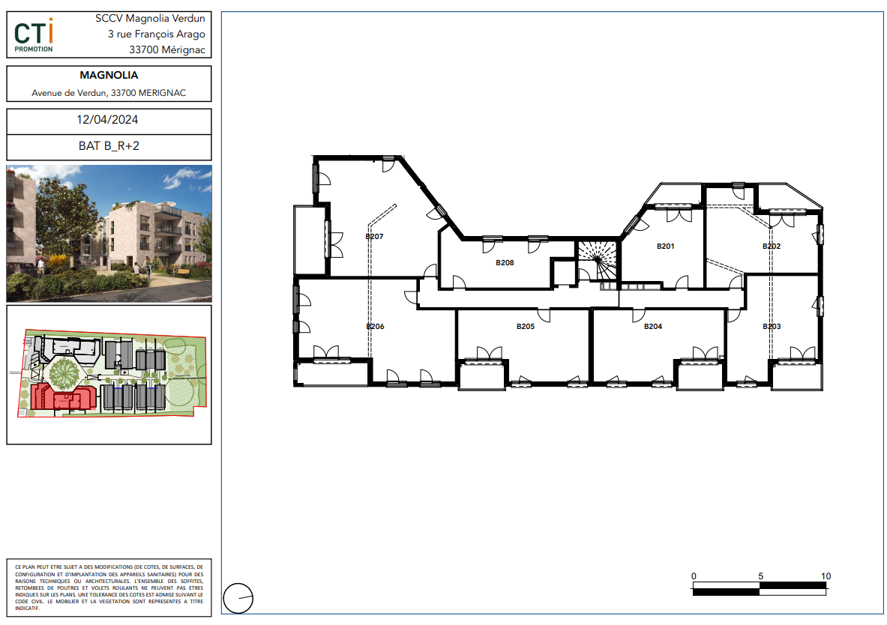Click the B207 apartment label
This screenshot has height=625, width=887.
374,236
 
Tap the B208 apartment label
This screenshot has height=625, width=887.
505,262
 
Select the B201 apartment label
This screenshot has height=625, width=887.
665,246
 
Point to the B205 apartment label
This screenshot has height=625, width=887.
525,326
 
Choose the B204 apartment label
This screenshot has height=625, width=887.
653,326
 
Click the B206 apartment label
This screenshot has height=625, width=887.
375,326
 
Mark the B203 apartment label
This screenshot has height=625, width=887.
772,326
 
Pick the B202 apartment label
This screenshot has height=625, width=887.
772,246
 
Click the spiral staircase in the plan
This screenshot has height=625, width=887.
598,259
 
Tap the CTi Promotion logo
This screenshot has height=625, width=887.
34,35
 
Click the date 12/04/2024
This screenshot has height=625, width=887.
107,119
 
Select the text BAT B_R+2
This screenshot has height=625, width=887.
109,145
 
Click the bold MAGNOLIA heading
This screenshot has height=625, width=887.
109,75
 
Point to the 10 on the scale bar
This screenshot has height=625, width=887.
826,576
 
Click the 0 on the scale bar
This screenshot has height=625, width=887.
694,576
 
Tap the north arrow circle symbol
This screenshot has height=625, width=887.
238,599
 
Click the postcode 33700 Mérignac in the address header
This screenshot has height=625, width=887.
167,49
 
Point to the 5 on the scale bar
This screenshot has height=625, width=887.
760,576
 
